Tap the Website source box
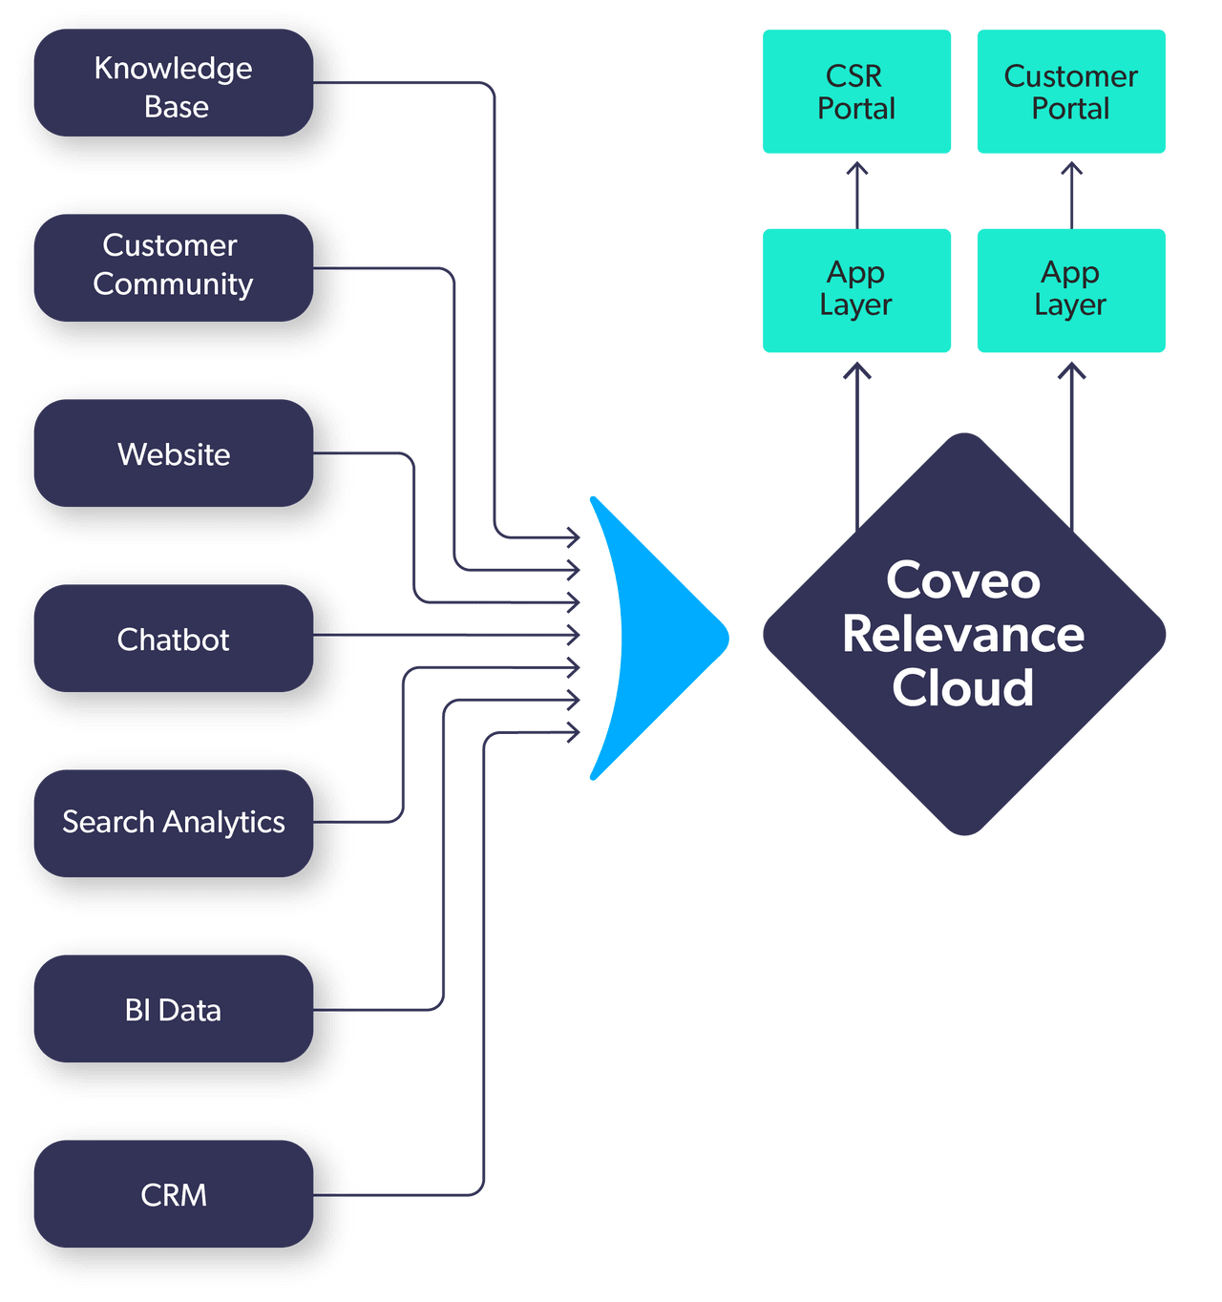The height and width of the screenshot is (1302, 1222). [173, 453]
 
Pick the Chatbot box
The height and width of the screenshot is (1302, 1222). [173, 639]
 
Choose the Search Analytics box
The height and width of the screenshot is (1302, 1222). [173, 823]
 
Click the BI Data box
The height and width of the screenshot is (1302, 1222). [173, 1009]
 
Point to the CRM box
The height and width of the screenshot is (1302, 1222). [173, 1194]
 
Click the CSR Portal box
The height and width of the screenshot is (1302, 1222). [856, 92]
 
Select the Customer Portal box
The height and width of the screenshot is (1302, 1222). [1070, 92]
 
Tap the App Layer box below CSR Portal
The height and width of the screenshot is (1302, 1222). [856, 290]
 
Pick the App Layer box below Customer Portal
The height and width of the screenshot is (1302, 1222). [1070, 290]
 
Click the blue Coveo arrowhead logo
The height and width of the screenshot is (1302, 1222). [649, 638]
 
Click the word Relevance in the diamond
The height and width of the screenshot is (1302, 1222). [963, 634]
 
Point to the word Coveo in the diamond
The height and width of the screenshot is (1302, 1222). [963, 580]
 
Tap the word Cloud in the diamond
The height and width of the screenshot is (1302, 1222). [963, 688]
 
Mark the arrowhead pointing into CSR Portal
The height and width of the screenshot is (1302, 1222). [857, 169]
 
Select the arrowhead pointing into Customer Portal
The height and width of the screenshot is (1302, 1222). [1072, 169]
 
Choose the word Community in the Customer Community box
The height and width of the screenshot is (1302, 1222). [173, 284]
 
